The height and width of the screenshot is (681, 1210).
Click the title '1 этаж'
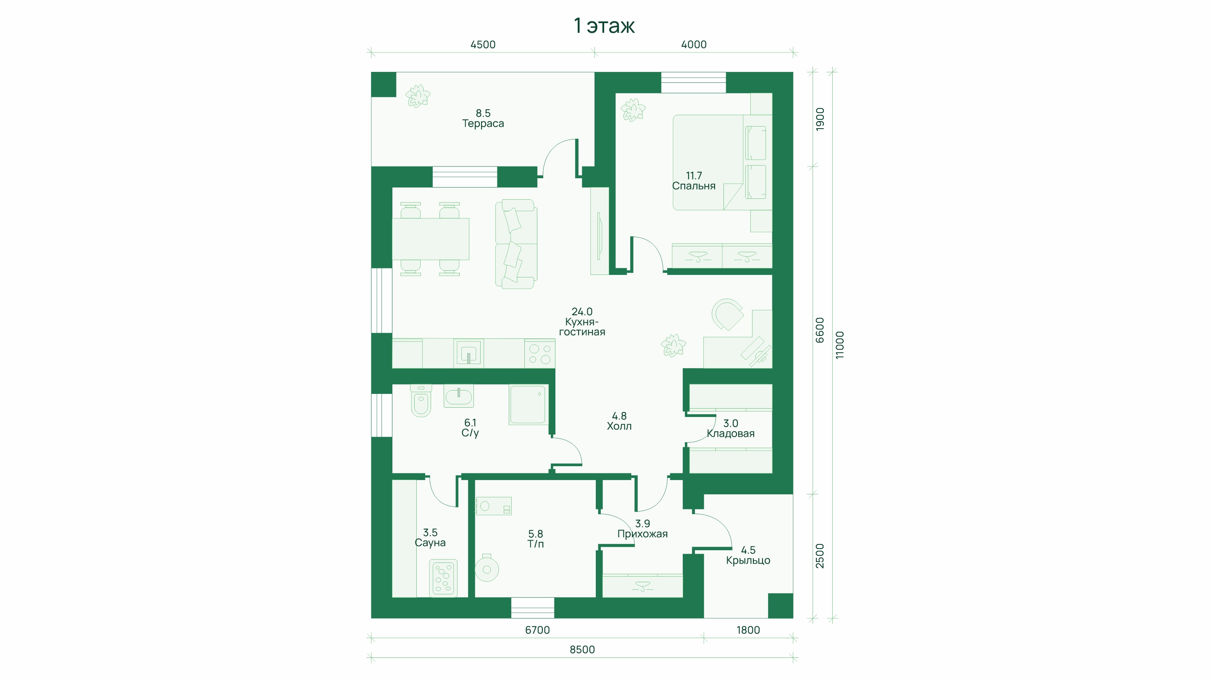[x=604, y=26]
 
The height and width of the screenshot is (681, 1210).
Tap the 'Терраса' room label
[x=483, y=124]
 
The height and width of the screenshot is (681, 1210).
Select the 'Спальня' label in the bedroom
[x=693, y=186]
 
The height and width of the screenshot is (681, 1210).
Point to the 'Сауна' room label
[x=430, y=543]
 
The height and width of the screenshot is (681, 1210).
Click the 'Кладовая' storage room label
[x=731, y=434]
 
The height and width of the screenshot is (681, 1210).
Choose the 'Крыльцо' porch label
[x=748, y=560]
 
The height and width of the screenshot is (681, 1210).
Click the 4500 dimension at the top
[x=483, y=45]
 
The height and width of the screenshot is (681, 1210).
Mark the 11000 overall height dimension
[x=840, y=345]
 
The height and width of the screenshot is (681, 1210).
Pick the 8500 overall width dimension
[x=582, y=649]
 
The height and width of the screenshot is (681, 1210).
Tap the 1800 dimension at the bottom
[x=748, y=630]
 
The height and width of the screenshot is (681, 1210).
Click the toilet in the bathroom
[x=421, y=401]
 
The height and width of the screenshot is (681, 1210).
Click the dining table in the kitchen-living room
[x=430, y=239]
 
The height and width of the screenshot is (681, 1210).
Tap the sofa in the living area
[x=516, y=244]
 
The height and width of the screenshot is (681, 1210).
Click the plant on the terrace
[x=418, y=96]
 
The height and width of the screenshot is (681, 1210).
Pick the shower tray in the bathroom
[x=528, y=405]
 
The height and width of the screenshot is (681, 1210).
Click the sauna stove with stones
[x=443, y=578]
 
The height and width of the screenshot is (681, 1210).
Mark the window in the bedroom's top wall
[x=693, y=82]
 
